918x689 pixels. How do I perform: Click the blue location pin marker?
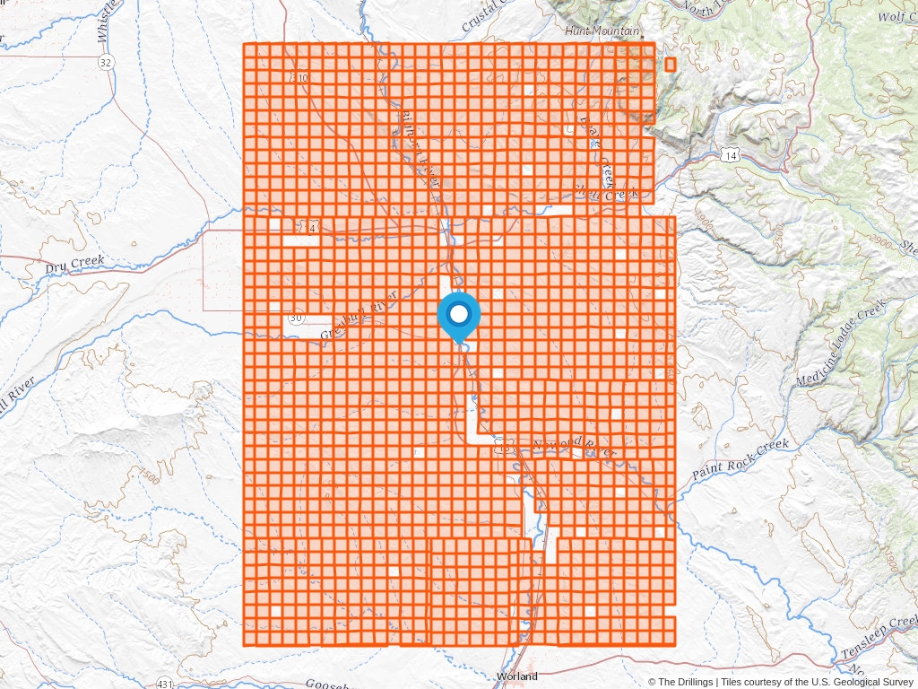point(459,316)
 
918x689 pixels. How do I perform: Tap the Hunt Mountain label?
point(602,31)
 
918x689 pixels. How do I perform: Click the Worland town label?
point(517,676)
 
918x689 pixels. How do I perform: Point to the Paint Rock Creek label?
point(740,459)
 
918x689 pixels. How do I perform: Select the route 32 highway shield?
point(107,62)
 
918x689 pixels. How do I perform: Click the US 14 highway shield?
point(731,156)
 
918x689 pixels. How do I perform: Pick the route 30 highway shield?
point(296,318)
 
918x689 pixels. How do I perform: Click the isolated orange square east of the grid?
point(671,65)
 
